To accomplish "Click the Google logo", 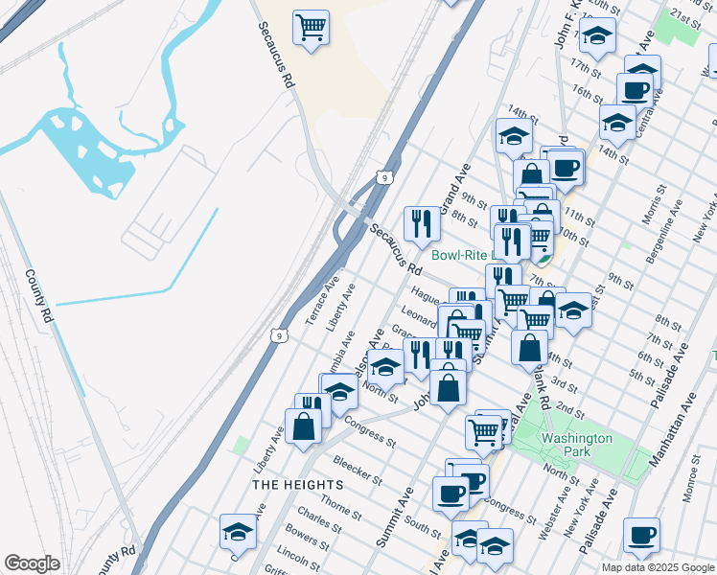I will coord(32,563).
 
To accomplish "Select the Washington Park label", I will coord(576,445).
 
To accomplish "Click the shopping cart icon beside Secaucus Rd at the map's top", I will coord(311,27).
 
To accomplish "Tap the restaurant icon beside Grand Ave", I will coord(422,224).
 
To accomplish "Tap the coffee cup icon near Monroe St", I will coord(641,535).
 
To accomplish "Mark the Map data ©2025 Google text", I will coord(658,567).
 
